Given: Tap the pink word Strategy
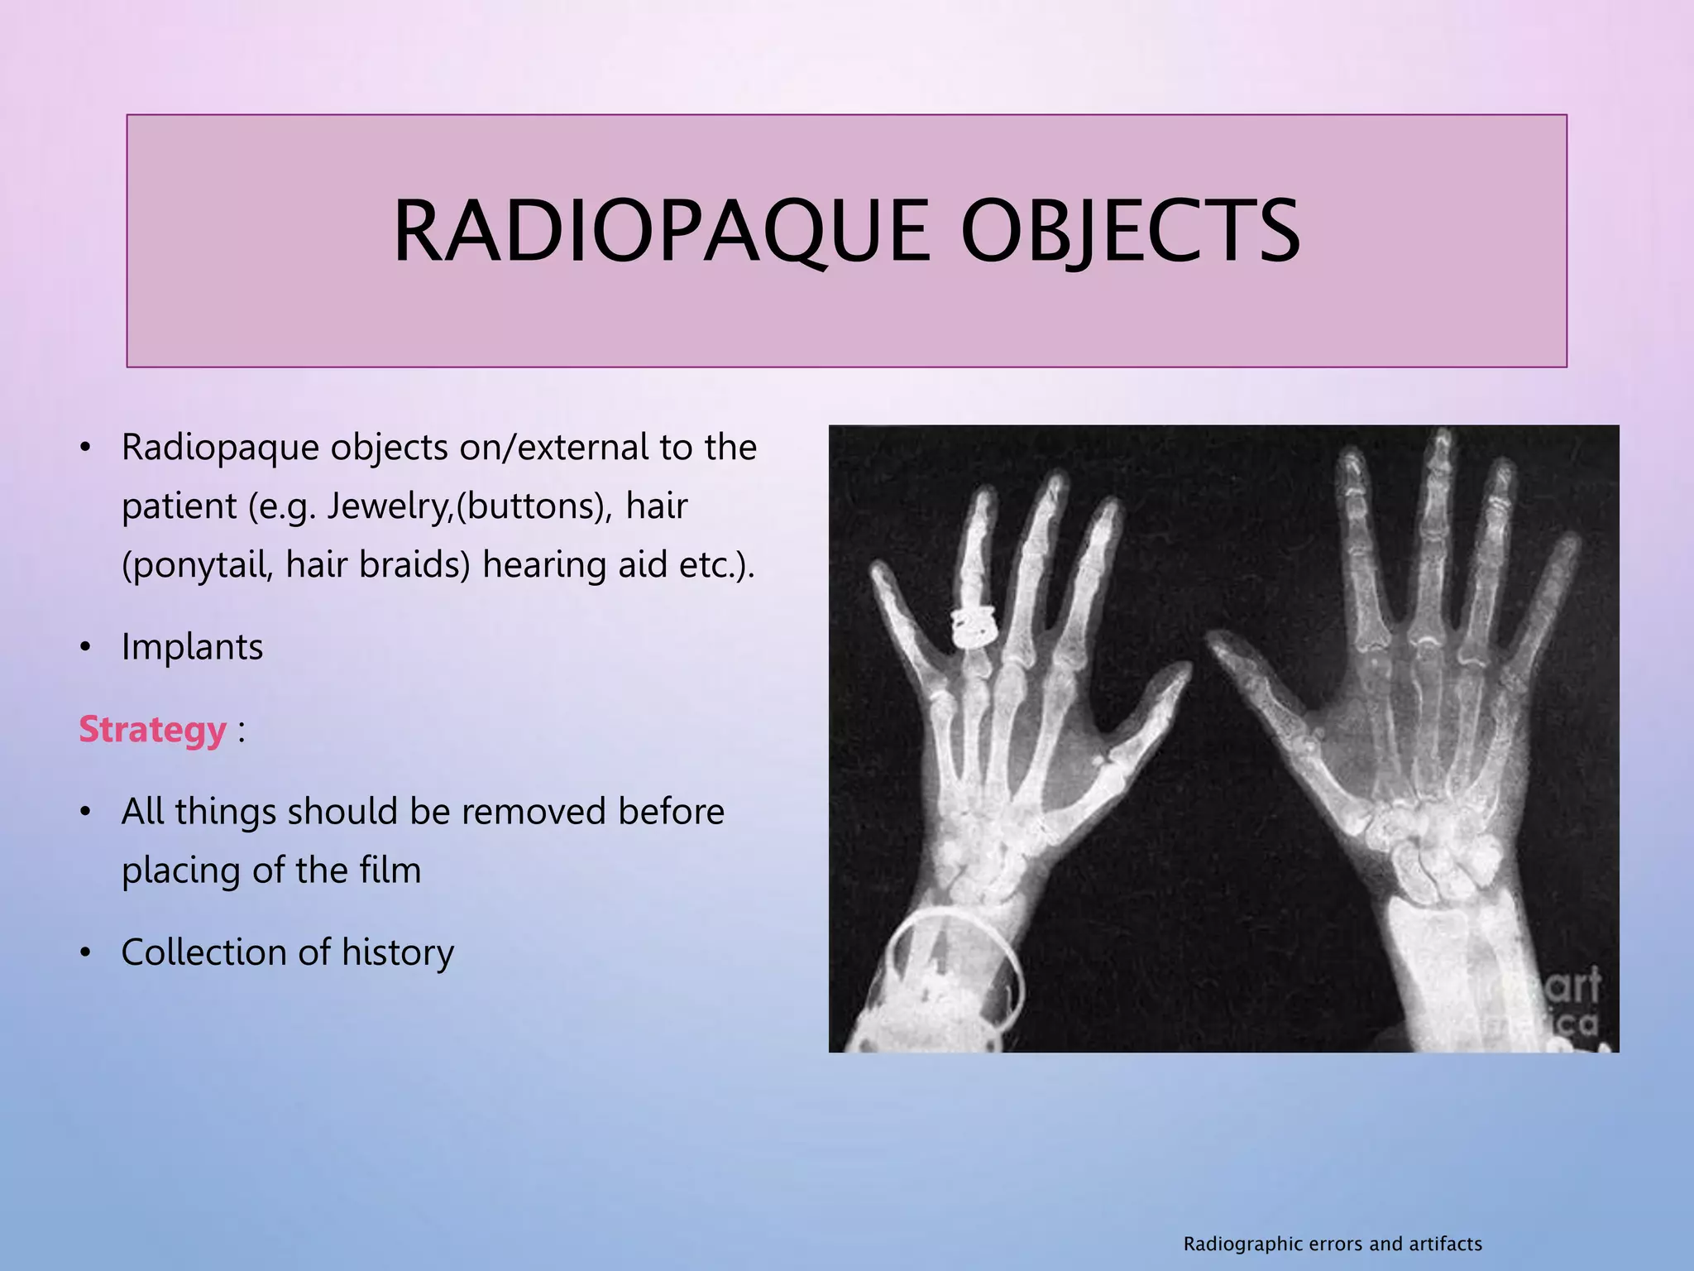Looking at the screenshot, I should tap(152, 730).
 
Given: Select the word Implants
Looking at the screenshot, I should tap(192, 647).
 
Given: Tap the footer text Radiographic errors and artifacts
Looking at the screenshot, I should tap(1333, 1244).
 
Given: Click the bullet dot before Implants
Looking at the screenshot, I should tap(84, 648).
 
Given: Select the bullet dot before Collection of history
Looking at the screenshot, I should tap(84, 953).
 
